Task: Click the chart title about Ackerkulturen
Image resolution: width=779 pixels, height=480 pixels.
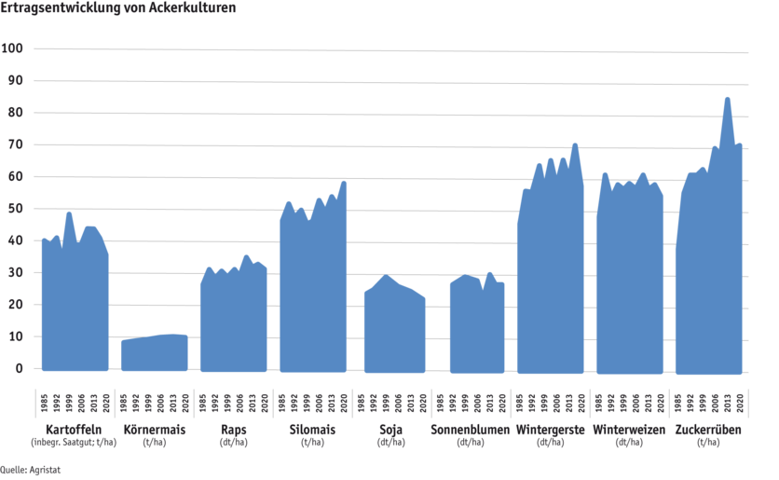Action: pos(117,7)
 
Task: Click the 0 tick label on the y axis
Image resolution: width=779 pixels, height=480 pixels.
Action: pos(18,369)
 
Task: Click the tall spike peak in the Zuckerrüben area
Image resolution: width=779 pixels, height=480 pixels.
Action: pos(727,99)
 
